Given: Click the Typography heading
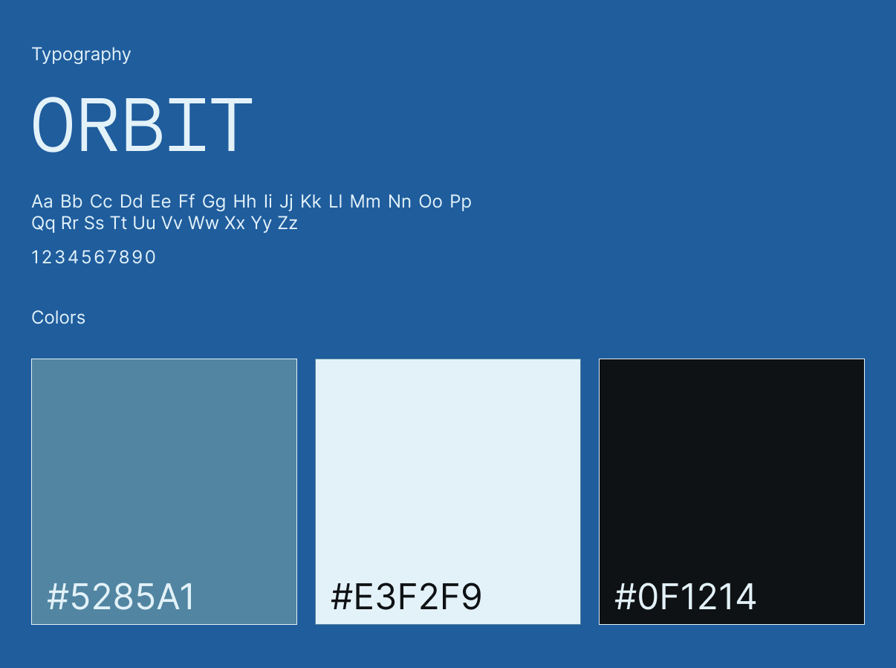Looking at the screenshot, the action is [81, 54].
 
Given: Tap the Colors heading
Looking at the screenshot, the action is [59, 318].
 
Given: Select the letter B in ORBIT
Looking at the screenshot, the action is [143, 125].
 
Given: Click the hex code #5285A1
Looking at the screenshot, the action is [121, 597].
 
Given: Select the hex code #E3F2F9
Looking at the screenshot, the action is [406, 597].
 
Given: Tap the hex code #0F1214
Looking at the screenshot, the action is [686, 597].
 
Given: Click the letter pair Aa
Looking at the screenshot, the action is [42, 202].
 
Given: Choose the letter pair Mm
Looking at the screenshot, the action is [366, 202].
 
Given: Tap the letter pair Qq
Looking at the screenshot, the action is [43, 224].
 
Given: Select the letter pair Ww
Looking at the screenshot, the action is [204, 223].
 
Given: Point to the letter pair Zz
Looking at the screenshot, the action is [288, 223].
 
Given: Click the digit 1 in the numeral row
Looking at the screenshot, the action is [35, 257].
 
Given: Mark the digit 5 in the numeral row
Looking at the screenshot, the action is [86, 257].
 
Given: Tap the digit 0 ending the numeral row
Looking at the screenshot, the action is [150, 257].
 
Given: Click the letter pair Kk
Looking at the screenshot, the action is [311, 202].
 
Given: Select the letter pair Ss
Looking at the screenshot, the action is [94, 223].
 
